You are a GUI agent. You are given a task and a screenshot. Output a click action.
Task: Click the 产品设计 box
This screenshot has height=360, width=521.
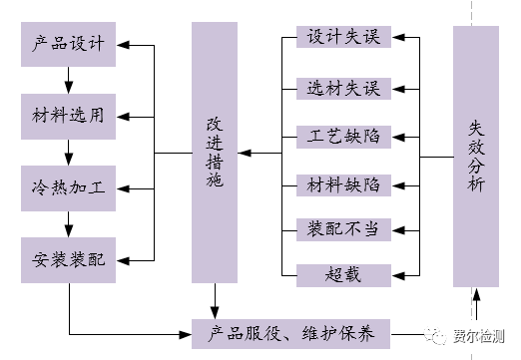coord(69,45)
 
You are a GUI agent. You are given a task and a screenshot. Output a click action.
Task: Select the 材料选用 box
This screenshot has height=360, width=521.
coord(69,116)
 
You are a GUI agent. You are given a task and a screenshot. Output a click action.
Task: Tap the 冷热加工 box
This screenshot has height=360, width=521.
coord(69,186)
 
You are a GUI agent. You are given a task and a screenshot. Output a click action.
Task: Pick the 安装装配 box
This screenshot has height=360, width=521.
coord(69,257)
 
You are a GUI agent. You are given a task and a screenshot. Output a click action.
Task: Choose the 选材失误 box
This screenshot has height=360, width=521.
coord(343,88)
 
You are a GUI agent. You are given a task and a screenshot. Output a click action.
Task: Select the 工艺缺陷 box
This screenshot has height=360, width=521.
coord(343,136)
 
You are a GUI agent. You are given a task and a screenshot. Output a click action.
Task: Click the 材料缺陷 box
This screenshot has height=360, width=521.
coord(343,183)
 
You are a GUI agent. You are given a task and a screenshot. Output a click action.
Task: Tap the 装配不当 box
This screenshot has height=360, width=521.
coord(343,229)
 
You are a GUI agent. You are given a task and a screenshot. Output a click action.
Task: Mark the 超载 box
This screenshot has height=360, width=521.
coord(343,272)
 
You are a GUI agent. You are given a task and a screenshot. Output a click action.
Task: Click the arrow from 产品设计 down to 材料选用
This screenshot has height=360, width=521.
coord(68,81)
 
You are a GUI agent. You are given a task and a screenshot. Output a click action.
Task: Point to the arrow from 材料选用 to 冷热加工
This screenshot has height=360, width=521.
coord(68,152)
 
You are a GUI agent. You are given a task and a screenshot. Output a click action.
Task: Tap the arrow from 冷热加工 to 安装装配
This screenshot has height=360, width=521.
coord(68,222)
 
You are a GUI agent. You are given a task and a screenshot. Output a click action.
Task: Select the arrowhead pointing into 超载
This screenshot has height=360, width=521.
coord(398,272)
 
